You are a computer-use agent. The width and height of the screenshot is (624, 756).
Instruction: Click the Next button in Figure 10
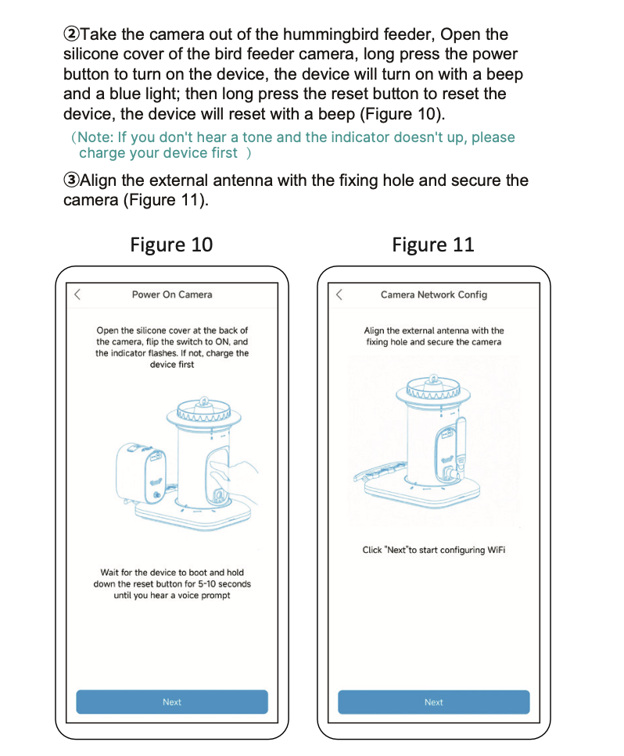[172, 701]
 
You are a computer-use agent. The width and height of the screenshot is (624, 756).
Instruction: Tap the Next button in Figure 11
[433, 701]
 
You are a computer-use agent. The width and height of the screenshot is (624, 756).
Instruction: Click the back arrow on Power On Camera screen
[77, 294]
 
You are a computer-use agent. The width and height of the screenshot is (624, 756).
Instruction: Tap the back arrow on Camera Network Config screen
[339, 294]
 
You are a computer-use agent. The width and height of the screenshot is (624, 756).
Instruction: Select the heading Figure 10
[171, 244]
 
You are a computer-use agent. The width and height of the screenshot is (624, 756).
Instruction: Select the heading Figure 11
[432, 244]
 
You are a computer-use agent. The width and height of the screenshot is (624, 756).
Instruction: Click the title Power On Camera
[172, 294]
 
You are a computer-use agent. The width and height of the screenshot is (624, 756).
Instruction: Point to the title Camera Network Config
[433, 294]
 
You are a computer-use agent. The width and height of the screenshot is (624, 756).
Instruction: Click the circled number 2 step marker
[71, 35]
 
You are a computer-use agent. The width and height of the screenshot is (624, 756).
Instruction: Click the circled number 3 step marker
[71, 181]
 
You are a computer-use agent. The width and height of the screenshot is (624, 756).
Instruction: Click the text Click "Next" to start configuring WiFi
[433, 550]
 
